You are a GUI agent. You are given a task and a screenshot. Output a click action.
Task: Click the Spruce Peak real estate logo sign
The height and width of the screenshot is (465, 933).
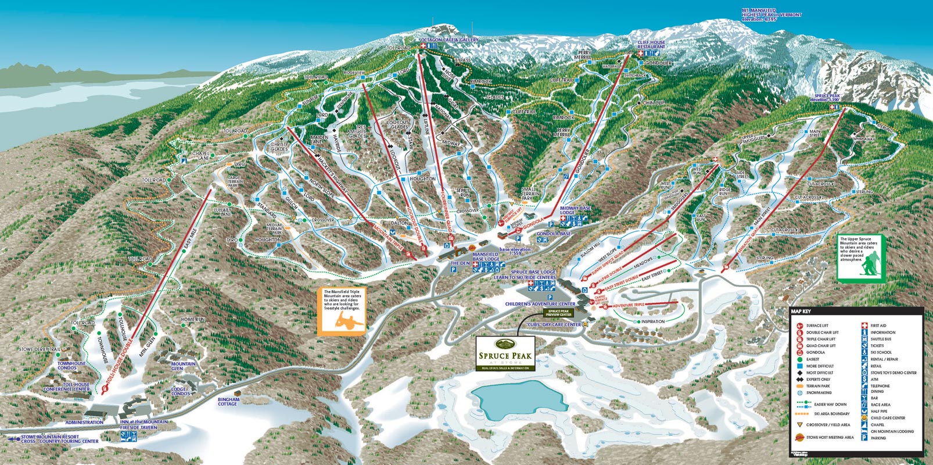[504, 353]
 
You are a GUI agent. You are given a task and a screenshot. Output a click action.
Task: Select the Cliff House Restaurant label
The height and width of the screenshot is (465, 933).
[651, 45]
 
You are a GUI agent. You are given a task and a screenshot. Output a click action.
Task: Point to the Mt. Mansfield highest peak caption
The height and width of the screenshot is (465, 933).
[771, 14]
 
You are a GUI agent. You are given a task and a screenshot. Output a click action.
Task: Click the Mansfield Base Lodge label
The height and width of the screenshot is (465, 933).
[486, 256]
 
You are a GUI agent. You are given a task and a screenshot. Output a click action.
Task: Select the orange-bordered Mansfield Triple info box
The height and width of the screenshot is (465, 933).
[342, 311]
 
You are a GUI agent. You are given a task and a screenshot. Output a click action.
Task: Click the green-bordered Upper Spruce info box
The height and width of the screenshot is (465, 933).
[859, 257]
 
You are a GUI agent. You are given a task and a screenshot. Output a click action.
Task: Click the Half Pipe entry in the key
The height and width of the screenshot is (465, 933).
[878, 411]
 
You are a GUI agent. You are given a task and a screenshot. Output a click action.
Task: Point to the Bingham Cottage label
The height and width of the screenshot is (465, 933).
[228, 402]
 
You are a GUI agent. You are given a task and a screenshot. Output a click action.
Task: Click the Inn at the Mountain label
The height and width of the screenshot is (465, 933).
[143, 424]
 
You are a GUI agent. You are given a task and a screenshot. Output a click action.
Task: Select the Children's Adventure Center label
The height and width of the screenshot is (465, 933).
[540, 304]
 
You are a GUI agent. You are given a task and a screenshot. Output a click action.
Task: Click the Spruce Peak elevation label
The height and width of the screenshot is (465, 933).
[827, 98]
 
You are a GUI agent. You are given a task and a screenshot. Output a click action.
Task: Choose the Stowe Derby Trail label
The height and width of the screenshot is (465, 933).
[40, 349]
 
